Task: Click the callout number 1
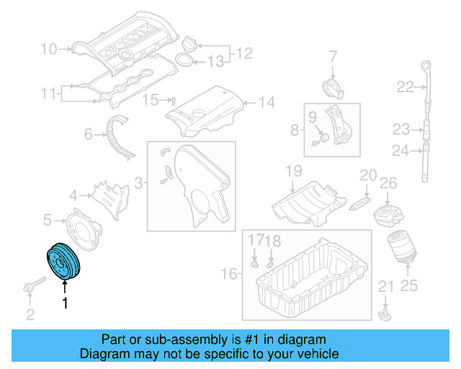pyautogui.click(x=65, y=303)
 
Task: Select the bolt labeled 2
pyautogui.click(x=30, y=289)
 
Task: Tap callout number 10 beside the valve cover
pyautogui.click(x=48, y=50)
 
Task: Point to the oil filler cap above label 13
pyautogui.click(x=190, y=43)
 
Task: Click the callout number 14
pyautogui.click(x=267, y=102)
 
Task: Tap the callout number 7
pyautogui.click(x=334, y=55)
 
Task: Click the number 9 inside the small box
pyautogui.click(x=313, y=117)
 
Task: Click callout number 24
pyautogui.click(x=400, y=151)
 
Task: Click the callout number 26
pyautogui.click(x=388, y=184)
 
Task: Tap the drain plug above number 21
pyautogui.click(x=386, y=312)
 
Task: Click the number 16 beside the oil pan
pyautogui.click(x=228, y=274)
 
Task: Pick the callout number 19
pyautogui.click(x=293, y=171)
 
